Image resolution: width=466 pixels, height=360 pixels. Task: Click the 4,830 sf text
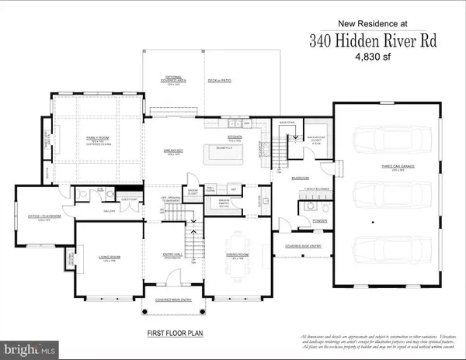click(x=359, y=57)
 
